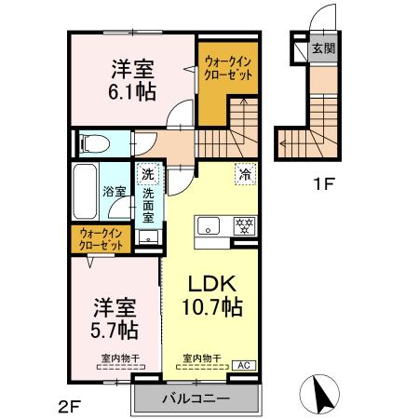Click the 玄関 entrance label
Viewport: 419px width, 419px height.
[322, 48]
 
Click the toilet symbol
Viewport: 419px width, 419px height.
[94, 143]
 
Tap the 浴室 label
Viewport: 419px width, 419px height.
[114, 191]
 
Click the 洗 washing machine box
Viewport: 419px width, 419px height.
[147, 172]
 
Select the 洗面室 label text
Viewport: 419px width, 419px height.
[148, 206]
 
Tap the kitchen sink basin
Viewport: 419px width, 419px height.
[208, 225]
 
